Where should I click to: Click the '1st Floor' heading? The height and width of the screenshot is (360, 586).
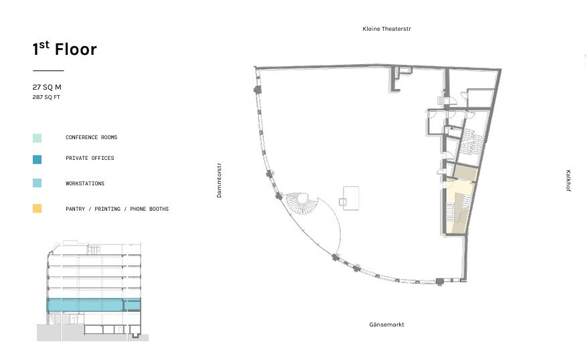coord(65,49)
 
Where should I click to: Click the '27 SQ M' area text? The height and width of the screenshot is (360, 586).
coord(47,87)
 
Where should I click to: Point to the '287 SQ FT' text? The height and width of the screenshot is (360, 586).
coord(46,97)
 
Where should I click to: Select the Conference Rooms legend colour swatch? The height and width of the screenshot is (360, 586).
coord(37,138)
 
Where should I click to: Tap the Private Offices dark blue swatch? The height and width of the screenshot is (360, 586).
coord(37,159)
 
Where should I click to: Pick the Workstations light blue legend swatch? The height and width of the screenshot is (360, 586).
coord(37,183)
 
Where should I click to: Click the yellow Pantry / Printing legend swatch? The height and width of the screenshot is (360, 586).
coord(37,208)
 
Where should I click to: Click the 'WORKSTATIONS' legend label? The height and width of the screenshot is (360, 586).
coord(85,183)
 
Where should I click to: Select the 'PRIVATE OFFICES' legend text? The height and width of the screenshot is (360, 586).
coord(90,158)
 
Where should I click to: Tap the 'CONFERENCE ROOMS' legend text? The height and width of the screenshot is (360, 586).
coord(91,137)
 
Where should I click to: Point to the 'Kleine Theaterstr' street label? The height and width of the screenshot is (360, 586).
coord(386,29)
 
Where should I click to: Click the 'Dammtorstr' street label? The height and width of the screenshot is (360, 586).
coord(219,180)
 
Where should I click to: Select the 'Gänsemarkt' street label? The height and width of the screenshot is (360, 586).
coord(386,325)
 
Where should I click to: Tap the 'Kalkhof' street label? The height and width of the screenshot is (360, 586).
coord(568,181)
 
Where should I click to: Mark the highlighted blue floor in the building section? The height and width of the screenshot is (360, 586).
coord(94,304)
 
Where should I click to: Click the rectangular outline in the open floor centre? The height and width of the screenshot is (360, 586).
coord(351,198)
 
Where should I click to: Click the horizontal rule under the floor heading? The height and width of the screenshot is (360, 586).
coord(48,70)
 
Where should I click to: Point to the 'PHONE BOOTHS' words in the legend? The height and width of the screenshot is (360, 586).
coord(149,209)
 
